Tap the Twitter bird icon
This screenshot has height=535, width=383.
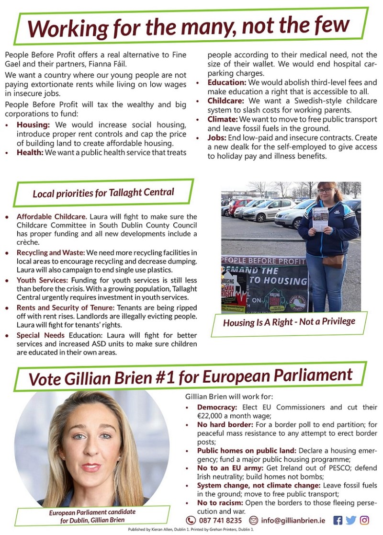point(351,520)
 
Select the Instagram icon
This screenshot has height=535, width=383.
point(365,520)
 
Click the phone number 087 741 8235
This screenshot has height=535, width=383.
point(221,521)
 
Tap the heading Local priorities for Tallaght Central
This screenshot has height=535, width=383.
point(103,194)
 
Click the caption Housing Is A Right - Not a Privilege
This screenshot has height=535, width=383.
point(289,322)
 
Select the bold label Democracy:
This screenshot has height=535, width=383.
point(217,407)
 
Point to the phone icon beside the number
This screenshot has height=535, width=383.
point(191,521)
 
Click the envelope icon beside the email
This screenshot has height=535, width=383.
point(254,521)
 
